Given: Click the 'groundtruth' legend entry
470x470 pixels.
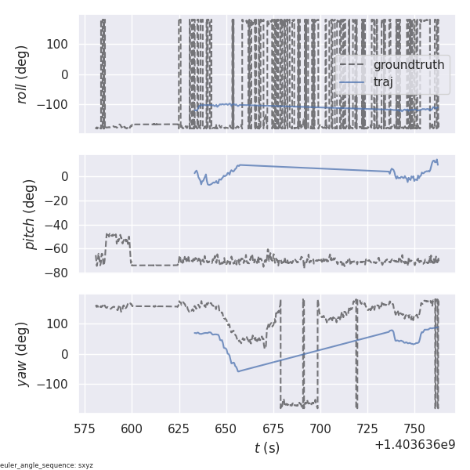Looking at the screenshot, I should point(408,64).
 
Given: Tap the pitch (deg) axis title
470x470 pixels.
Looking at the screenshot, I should point(30,214).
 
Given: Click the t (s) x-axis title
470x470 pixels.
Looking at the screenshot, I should point(266,448).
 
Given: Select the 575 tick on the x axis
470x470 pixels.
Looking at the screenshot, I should point(85,428).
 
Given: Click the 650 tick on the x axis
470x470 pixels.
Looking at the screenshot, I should point(226,428).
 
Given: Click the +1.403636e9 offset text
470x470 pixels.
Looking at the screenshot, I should point(415,445).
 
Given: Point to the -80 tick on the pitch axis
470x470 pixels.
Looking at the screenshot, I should point(62,273).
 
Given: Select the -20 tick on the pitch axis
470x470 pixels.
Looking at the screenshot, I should point(62,201).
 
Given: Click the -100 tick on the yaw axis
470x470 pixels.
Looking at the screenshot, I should point(57,384).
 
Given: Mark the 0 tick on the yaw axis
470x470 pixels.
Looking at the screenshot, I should point(68,354).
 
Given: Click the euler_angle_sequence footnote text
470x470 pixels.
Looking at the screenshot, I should point(47,465).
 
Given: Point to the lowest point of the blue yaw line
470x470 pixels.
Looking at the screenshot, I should point(238,371).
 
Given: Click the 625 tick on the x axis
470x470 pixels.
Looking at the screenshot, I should point(179,428).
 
